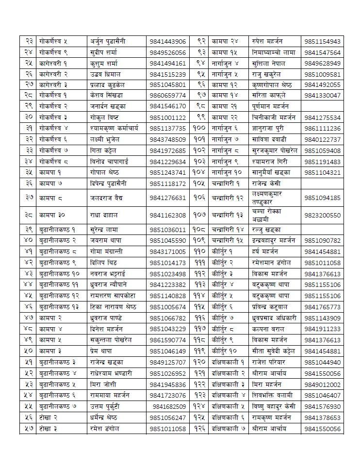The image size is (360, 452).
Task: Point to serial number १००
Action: click(199, 129)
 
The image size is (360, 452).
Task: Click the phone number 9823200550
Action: click(323, 215)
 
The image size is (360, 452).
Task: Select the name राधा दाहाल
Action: click(104, 215)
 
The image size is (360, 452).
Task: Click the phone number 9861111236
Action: click(323, 129)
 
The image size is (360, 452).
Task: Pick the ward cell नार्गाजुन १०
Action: click(228, 172)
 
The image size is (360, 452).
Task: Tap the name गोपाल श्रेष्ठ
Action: click(104, 172)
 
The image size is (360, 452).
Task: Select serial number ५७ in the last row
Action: click(28, 429)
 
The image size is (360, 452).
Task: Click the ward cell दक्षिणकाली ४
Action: click(228, 396)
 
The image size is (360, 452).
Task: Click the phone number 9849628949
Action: click(323, 63)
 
